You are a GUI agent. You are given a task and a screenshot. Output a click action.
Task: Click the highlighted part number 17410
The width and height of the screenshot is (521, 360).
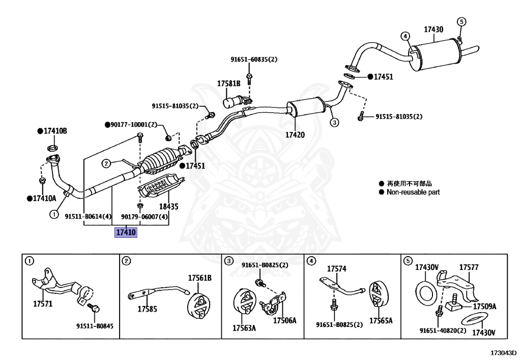tap(126, 233)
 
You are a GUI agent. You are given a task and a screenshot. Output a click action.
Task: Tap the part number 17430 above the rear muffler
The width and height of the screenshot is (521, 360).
tap(433, 30)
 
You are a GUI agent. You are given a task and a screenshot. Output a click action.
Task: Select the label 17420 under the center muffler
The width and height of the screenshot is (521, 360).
tap(295, 135)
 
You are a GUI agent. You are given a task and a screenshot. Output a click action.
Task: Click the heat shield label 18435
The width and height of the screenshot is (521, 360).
tap(169, 207)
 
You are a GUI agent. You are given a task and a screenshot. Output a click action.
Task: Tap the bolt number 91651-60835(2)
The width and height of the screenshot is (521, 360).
tap(254, 60)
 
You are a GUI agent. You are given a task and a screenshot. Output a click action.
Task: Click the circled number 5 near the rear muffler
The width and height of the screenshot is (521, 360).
tap(461, 21)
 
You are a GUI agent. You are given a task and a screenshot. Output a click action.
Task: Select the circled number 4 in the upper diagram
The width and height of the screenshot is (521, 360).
tap(405, 36)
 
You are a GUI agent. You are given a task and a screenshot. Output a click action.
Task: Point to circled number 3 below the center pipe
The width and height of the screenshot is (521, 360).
tap(334, 122)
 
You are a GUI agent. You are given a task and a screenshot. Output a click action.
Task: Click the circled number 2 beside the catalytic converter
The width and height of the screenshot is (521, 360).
tap(106, 163)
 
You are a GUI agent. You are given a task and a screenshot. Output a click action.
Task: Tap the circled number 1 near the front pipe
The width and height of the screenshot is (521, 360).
tap(53, 215)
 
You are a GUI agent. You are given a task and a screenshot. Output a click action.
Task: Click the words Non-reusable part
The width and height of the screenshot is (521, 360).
tap(413, 192)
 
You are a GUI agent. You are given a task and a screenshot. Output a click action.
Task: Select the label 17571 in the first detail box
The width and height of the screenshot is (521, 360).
tap(43, 304)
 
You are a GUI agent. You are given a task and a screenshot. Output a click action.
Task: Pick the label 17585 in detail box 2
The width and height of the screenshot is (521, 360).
tap(147, 309)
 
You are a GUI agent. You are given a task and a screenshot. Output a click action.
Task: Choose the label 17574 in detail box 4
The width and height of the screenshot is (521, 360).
tap(336, 268)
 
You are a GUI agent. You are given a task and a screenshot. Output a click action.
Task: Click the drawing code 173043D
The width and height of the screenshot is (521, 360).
tap(503, 352)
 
